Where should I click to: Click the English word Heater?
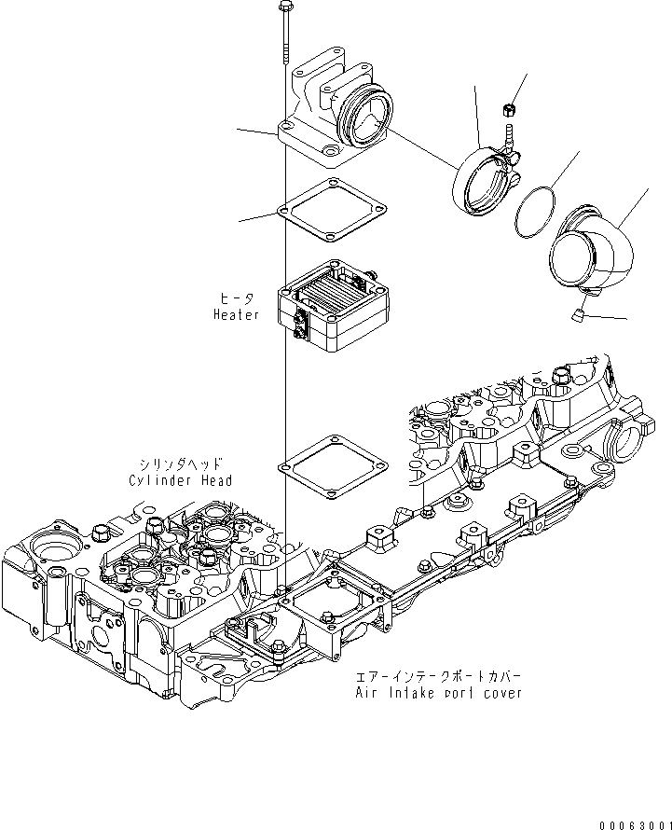click(x=236, y=315)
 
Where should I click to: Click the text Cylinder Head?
click(x=181, y=480)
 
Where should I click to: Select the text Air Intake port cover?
click(x=438, y=693)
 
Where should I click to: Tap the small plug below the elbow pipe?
click(x=578, y=317)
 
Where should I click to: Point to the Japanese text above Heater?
click(x=236, y=298)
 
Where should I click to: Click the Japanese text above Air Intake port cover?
click(x=438, y=676)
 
